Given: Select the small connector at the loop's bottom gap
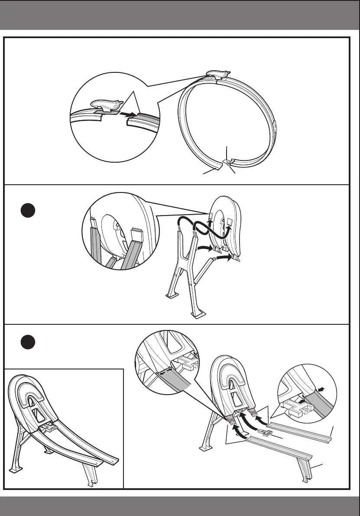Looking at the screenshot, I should (226, 163).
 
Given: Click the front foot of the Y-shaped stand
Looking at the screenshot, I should (199, 314).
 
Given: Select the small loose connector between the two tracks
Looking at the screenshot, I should (264, 432).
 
